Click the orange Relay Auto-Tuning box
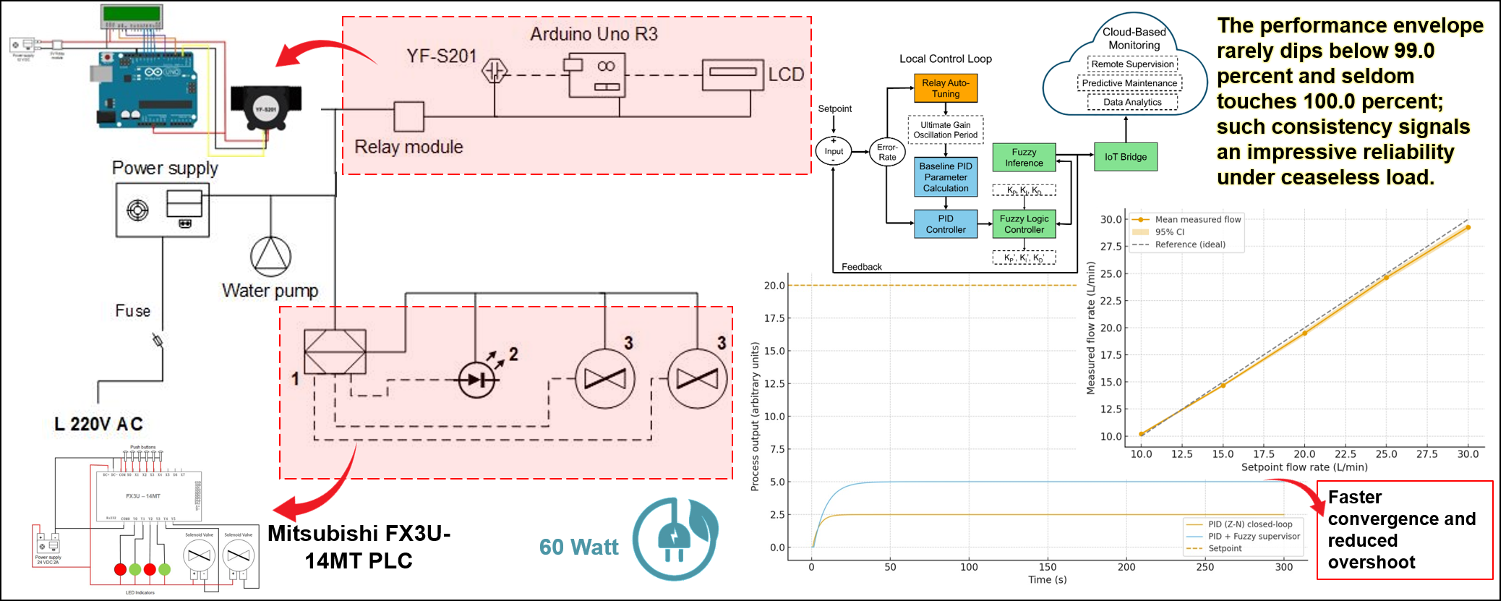point(946,88)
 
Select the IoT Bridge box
point(1125,157)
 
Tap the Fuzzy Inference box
point(1024,158)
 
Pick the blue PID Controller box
point(946,224)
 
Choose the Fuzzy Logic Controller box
point(1024,224)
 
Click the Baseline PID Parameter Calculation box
point(946,177)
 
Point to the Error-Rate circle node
point(887,152)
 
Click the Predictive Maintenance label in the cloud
point(1129,83)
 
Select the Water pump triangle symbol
point(271,256)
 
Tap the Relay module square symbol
point(408,116)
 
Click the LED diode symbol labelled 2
point(477,379)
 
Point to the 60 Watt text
point(578,547)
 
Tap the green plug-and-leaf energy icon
point(675,539)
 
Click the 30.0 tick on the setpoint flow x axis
point(1468,454)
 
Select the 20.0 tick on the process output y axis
point(774,286)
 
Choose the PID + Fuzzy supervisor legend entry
point(1254,537)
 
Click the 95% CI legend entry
point(1169,232)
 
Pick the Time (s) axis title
point(1048,579)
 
